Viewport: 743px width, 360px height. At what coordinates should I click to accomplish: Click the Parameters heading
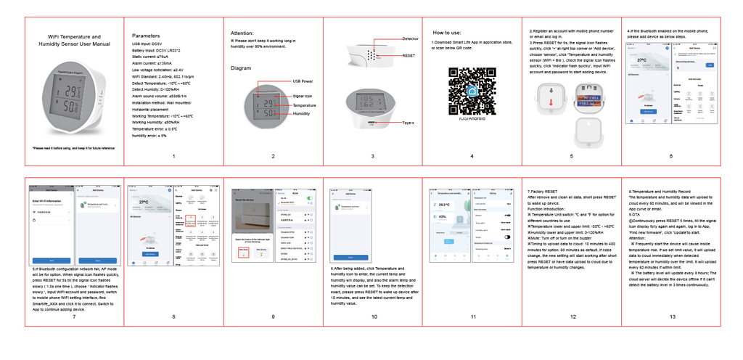(x=146, y=36)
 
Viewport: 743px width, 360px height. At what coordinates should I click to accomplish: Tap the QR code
(x=472, y=88)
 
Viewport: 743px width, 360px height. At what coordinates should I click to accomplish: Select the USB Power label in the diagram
(x=303, y=81)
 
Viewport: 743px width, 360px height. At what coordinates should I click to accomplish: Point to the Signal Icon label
(x=303, y=96)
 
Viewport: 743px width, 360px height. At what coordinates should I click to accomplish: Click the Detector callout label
(x=410, y=38)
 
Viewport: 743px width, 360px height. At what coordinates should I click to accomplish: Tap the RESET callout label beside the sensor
(x=409, y=56)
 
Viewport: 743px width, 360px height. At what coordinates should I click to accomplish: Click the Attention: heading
(x=242, y=33)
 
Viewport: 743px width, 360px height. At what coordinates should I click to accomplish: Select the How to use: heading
(x=447, y=33)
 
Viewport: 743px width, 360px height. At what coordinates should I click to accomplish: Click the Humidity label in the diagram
(x=301, y=114)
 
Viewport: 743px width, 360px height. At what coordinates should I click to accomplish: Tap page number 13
(x=672, y=316)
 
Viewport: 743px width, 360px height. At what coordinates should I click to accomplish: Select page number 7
(x=74, y=316)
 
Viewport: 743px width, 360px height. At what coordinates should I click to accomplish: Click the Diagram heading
(x=241, y=68)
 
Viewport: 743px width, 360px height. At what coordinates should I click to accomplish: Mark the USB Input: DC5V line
(x=147, y=44)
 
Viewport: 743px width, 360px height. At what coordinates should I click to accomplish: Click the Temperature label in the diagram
(x=304, y=105)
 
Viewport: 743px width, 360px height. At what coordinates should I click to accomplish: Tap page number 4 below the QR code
(x=472, y=156)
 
